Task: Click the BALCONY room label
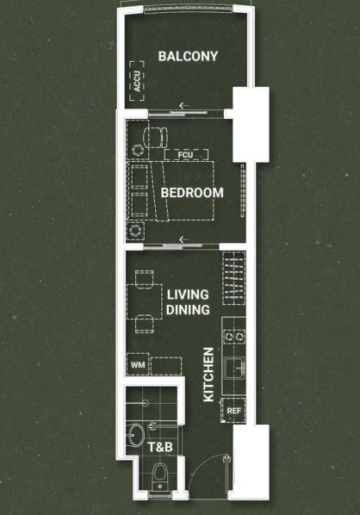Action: (188, 56)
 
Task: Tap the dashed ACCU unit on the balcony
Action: (137, 81)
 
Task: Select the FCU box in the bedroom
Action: (186, 155)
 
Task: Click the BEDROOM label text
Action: (192, 192)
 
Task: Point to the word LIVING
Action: (188, 295)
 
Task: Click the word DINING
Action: (188, 310)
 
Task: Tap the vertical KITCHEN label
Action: (208, 375)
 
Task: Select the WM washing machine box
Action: (138, 364)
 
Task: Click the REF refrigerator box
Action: (234, 411)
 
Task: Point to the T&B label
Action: (160, 447)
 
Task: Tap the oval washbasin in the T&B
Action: (136, 435)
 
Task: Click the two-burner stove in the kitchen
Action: (234, 337)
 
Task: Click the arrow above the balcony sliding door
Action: (184, 105)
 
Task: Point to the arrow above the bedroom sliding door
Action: (184, 239)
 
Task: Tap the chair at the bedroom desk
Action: (155, 138)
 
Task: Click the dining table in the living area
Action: (145, 301)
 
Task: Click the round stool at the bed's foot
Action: (135, 231)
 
